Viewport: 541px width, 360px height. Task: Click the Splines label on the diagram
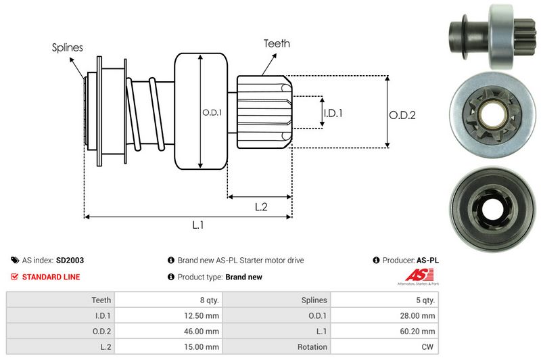click(67, 47)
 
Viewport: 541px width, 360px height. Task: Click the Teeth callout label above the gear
click(277, 43)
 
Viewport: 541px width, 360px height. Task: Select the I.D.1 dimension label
click(332, 113)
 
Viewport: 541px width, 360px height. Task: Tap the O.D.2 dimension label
click(402, 115)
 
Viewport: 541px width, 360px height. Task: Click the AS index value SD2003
click(70, 260)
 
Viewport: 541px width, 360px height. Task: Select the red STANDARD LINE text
click(51, 277)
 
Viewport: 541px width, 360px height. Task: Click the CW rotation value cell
click(428, 347)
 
